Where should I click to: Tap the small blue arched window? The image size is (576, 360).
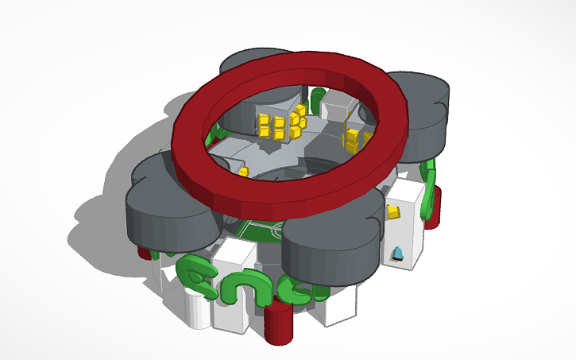398,254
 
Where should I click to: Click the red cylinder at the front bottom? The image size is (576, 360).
279,323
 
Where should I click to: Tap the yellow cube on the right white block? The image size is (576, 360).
392,211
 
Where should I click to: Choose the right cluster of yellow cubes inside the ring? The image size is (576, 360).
353,140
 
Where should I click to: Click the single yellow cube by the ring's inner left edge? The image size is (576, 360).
243,171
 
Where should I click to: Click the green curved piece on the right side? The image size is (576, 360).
429,191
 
